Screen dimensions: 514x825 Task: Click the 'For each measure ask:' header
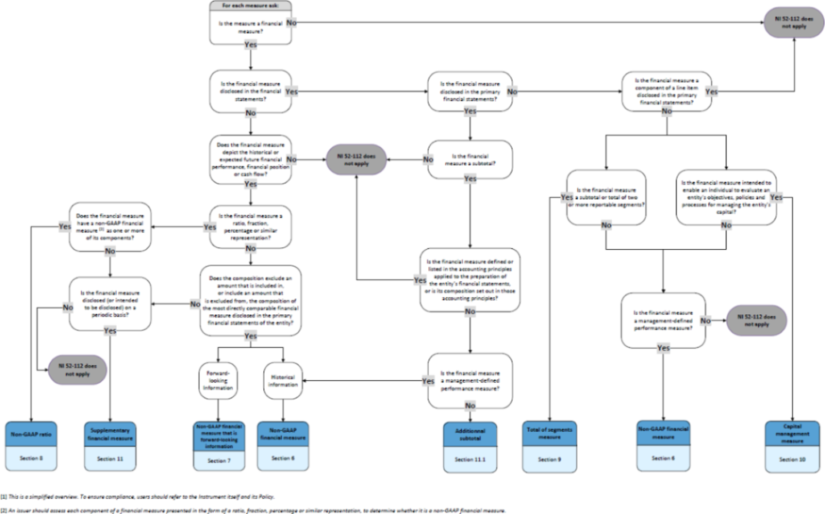click(250, 6)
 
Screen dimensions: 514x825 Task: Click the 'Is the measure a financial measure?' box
click(250, 27)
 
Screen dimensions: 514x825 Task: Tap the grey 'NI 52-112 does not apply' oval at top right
click(794, 23)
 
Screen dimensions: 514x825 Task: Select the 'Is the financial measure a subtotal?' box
click(470, 160)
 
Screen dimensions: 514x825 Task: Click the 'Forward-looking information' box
click(218, 380)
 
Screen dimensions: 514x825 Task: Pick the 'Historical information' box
click(283, 380)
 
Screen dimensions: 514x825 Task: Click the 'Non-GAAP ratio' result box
click(31, 434)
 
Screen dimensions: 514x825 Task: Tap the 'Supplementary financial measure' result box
click(110, 434)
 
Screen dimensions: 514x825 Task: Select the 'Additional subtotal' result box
click(470, 434)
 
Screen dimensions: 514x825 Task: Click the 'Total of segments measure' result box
click(550, 433)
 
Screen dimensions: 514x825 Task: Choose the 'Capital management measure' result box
click(792, 433)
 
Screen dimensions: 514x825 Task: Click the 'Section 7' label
click(219, 461)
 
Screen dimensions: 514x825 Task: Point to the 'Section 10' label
click(792, 459)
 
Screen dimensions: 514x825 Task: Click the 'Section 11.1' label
click(470, 459)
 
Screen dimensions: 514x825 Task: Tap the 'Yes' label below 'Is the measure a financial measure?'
click(250, 44)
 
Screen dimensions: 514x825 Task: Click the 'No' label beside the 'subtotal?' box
click(428, 160)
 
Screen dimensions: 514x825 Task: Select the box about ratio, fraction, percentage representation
click(250, 227)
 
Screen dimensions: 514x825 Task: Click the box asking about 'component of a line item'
click(666, 92)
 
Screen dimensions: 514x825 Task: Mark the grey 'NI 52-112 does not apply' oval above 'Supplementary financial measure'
click(77, 370)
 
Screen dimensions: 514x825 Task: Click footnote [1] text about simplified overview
click(139, 496)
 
